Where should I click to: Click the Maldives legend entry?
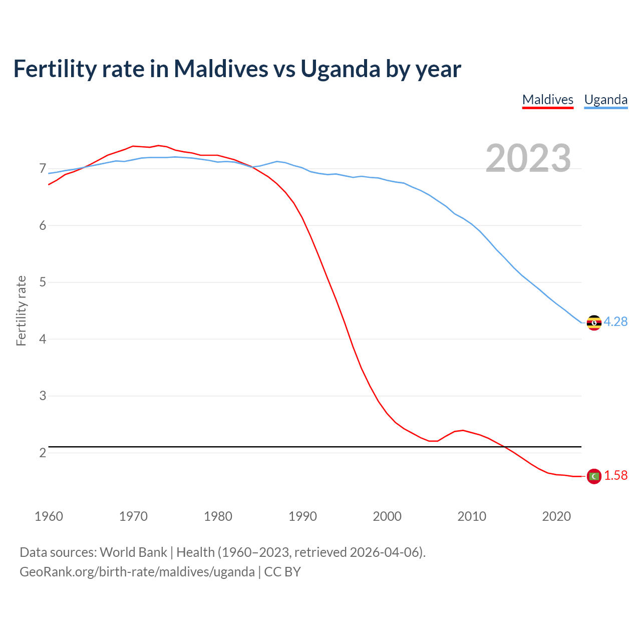(547, 100)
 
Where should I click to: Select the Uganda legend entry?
(605, 100)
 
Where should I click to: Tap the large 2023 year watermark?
(528, 158)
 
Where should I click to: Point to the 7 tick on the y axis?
(43, 168)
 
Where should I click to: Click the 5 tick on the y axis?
(43, 282)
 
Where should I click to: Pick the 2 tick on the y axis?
(43, 453)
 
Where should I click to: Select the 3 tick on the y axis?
(43, 396)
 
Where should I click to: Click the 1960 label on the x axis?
(49, 516)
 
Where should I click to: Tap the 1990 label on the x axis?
(302, 516)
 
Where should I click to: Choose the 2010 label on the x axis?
(472, 516)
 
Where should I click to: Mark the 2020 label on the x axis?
(556, 516)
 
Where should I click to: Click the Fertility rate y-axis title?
(21, 310)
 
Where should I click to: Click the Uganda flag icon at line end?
(594, 323)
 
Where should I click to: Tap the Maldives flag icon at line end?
(594, 476)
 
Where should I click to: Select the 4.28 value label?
(615, 322)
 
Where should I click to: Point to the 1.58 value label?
(615, 476)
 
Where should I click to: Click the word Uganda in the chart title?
(340, 69)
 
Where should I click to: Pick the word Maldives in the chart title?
(221, 69)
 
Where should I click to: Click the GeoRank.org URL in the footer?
(137, 572)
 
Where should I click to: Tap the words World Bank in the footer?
(133, 552)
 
